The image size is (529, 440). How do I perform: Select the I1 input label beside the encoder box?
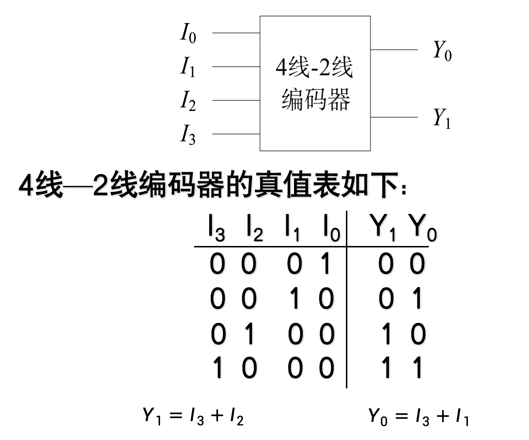pyautogui.click(x=187, y=67)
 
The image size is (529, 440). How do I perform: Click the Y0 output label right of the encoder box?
pyautogui.click(x=442, y=51)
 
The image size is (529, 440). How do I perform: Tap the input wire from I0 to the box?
pyautogui.click(x=236, y=33)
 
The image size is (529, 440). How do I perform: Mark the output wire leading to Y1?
pyautogui.click(x=394, y=117)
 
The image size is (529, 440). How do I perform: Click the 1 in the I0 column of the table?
pyautogui.click(x=325, y=264)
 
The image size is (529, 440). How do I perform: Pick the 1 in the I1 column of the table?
pyautogui.click(x=295, y=298)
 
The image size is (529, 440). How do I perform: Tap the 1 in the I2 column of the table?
pyautogui.click(x=250, y=334)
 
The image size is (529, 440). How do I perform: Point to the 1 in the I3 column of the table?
pyautogui.click(x=218, y=368)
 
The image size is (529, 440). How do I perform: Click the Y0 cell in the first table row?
pyautogui.click(x=417, y=264)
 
